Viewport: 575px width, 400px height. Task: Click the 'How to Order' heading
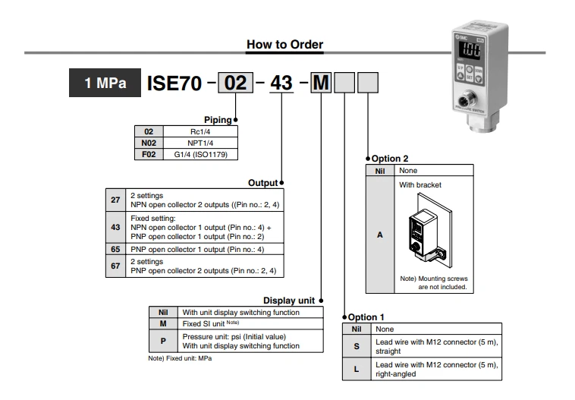[x=284, y=45]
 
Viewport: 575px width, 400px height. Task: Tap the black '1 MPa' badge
[x=105, y=82]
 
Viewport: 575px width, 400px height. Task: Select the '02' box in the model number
[x=235, y=82]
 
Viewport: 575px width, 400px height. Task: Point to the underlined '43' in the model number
[x=281, y=82]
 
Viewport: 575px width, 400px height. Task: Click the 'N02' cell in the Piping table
[x=149, y=143]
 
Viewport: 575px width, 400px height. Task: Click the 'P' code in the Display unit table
[x=162, y=341]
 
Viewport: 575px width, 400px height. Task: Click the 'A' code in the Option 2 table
[x=380, y=235]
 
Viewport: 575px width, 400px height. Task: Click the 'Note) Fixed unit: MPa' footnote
[x=180, y=358]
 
